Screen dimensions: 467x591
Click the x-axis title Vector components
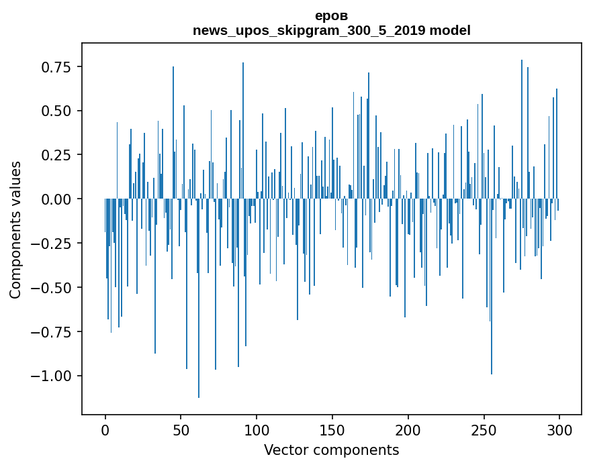[332, 450]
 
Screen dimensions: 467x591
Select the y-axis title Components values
[15, 229]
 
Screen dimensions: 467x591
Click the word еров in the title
[332, 15]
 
